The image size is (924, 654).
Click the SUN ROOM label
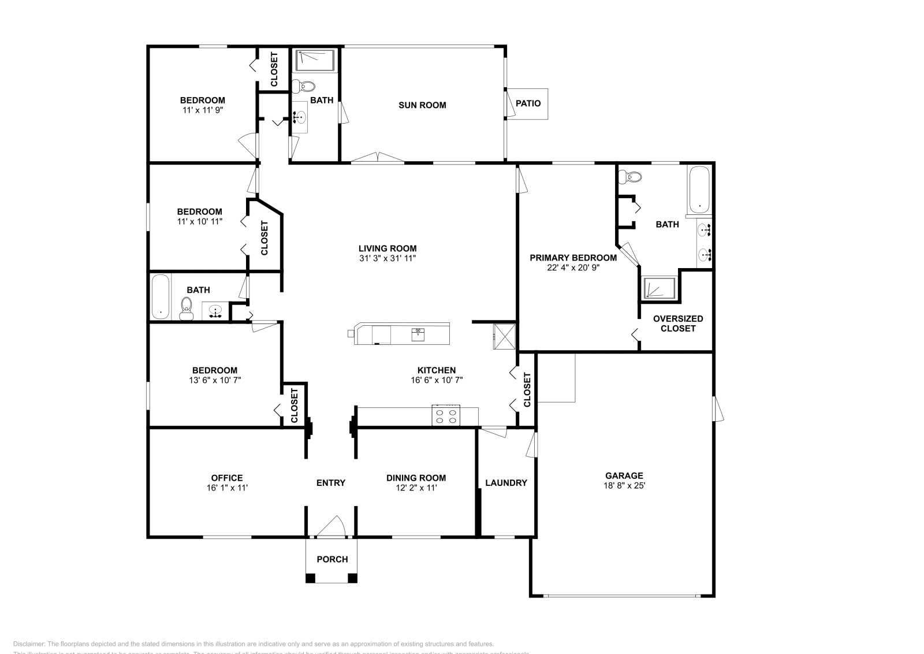[x=422, y=105]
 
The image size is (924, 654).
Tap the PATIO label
[x=528, y=103]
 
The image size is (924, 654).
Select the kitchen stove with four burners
[x=446, y=416]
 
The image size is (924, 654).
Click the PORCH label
[x=332, y=559]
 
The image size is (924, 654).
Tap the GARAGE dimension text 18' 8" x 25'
[x=624, y=486]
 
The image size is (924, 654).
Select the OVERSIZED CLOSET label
[x=678, y=324]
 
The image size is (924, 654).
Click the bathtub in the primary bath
[x=699, y=189]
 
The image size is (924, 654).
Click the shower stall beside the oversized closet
[x=659, y=288]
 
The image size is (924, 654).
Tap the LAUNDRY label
[x=506, y=483]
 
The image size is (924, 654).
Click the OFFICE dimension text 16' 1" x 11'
[x=227, y=488]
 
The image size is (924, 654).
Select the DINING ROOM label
[x=416, y=478]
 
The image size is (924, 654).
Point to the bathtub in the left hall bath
[x=161, y=296]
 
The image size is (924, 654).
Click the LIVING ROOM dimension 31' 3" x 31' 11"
[x=388, y=258]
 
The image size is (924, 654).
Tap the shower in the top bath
[x=315, y=60]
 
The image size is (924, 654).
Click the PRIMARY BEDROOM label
[x=573, y=258]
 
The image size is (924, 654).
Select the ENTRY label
[x=331, y=483]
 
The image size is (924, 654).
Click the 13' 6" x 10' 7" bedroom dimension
[x=215, y=380]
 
